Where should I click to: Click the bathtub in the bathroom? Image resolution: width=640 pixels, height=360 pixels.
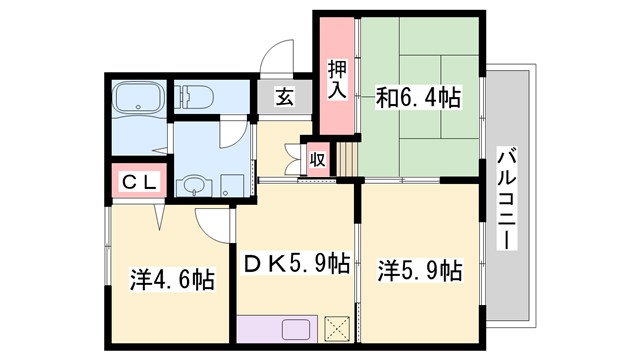[x=136, y=98]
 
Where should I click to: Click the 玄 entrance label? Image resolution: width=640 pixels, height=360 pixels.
[x=283, y=98]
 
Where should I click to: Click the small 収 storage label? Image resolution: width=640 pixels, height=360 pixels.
[x=317, y=159]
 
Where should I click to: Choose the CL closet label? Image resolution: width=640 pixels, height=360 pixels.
[x=136, y=181]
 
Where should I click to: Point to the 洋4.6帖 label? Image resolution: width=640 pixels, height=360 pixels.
[x=171, y=277]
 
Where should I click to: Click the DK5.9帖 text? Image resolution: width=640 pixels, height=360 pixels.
[x=297, y=264]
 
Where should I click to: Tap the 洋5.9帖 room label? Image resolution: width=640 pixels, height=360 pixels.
[x=419, y=270]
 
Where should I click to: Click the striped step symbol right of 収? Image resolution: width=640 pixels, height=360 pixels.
[x=345, y=157]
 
